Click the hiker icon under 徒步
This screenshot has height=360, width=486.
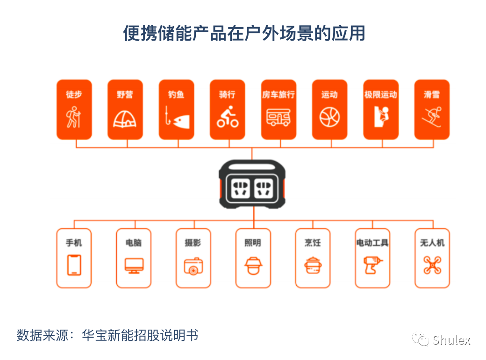(x=74, y=117)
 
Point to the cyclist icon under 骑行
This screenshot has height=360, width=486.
(x=228, y=117)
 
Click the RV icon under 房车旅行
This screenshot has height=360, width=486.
(x=279, y=117)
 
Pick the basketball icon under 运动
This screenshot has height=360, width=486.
(x=329, y=117)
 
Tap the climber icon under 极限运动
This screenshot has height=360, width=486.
(x=381, y=116)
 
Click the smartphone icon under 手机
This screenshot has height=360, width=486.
(x=74, y=265)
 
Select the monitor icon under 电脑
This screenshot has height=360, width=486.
(x=134, y=265)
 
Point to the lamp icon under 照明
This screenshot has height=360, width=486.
(x=253, y=265)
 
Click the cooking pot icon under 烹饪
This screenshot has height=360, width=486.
(x=313, y=265)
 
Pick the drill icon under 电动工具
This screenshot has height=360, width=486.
(x=373, y=265)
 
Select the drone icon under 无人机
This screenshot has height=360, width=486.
(x=432, y=265)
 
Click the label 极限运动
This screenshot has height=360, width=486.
(x=381, y=94)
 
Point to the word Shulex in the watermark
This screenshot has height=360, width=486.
(x=451, y=340)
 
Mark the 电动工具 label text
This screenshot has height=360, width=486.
(x=372, y=243)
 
